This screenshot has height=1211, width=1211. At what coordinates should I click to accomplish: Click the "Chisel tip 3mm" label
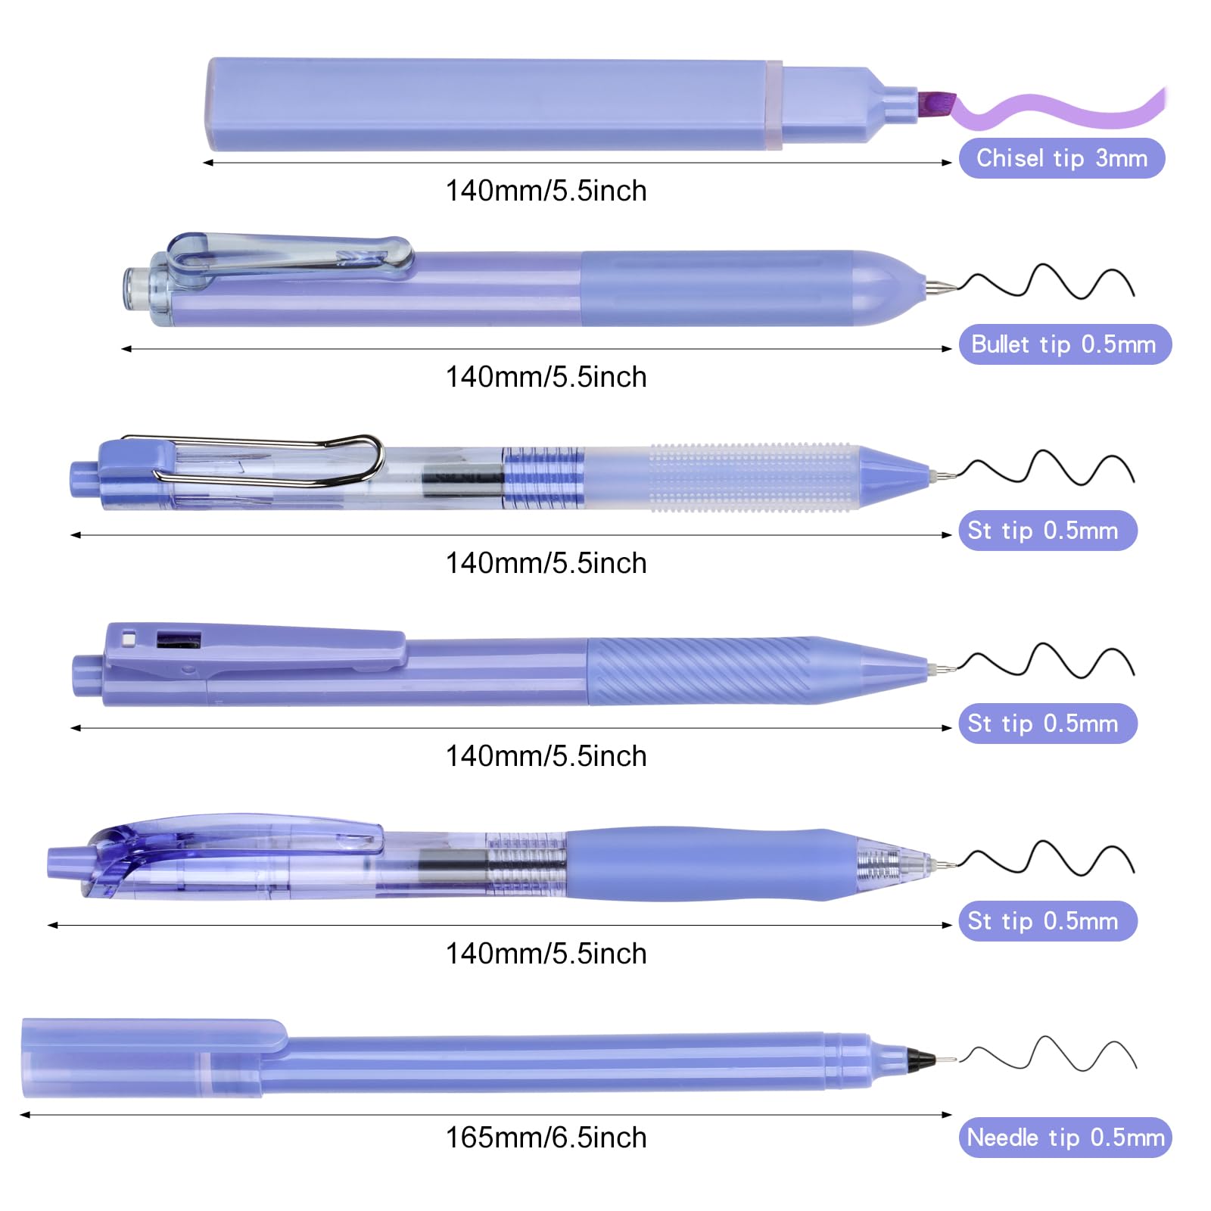click(1061, 158)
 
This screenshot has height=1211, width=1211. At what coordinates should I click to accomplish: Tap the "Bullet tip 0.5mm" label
click(1065, 344)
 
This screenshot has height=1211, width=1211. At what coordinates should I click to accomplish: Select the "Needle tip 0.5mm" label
click(1065, 1138)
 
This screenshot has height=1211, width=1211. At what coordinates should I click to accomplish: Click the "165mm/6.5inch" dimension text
click(546, 1138)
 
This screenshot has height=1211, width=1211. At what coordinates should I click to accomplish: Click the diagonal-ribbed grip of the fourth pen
click(700, 671)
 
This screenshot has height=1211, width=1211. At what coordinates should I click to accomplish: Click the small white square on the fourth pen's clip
click(129, 640)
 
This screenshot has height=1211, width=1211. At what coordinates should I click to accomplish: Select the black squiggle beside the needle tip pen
click(1048, 1054)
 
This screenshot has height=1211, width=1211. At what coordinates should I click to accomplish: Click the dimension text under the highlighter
click(546, 191)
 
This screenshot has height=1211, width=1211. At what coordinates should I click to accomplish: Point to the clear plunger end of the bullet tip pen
click(138, 288)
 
